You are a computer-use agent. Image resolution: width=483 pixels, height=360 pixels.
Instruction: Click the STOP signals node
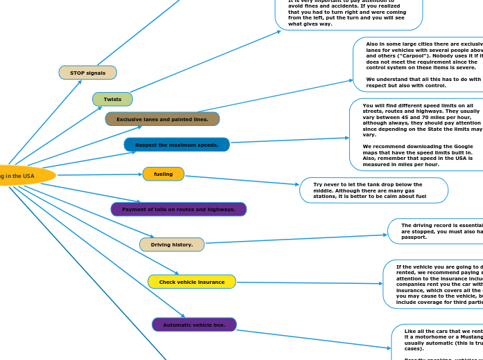click(88, 73)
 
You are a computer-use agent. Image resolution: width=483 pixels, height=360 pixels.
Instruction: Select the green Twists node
click(112, 99)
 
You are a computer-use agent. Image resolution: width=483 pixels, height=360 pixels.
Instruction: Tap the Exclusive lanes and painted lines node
click(162, 119)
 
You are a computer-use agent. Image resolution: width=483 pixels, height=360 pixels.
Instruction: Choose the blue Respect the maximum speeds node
click(177, 145)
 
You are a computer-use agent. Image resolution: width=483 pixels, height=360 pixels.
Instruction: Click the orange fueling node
click(164, 174)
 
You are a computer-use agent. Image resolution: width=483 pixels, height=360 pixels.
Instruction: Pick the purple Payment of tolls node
click(179, 209)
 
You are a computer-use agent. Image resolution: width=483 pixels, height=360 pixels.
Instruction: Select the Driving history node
click(172, 244)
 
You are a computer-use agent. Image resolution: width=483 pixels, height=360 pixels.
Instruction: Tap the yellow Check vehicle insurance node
click(192, 282)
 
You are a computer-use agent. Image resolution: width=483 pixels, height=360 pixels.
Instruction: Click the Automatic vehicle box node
click(194, 325)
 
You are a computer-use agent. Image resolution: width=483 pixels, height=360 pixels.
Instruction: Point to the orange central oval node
click(24, 176)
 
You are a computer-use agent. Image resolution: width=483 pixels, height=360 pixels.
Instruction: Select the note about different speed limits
click(419, 135)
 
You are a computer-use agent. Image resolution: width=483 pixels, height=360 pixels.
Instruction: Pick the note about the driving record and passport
click(437, 231)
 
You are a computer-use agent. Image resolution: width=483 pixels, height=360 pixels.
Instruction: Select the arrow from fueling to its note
click(243, 180)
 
